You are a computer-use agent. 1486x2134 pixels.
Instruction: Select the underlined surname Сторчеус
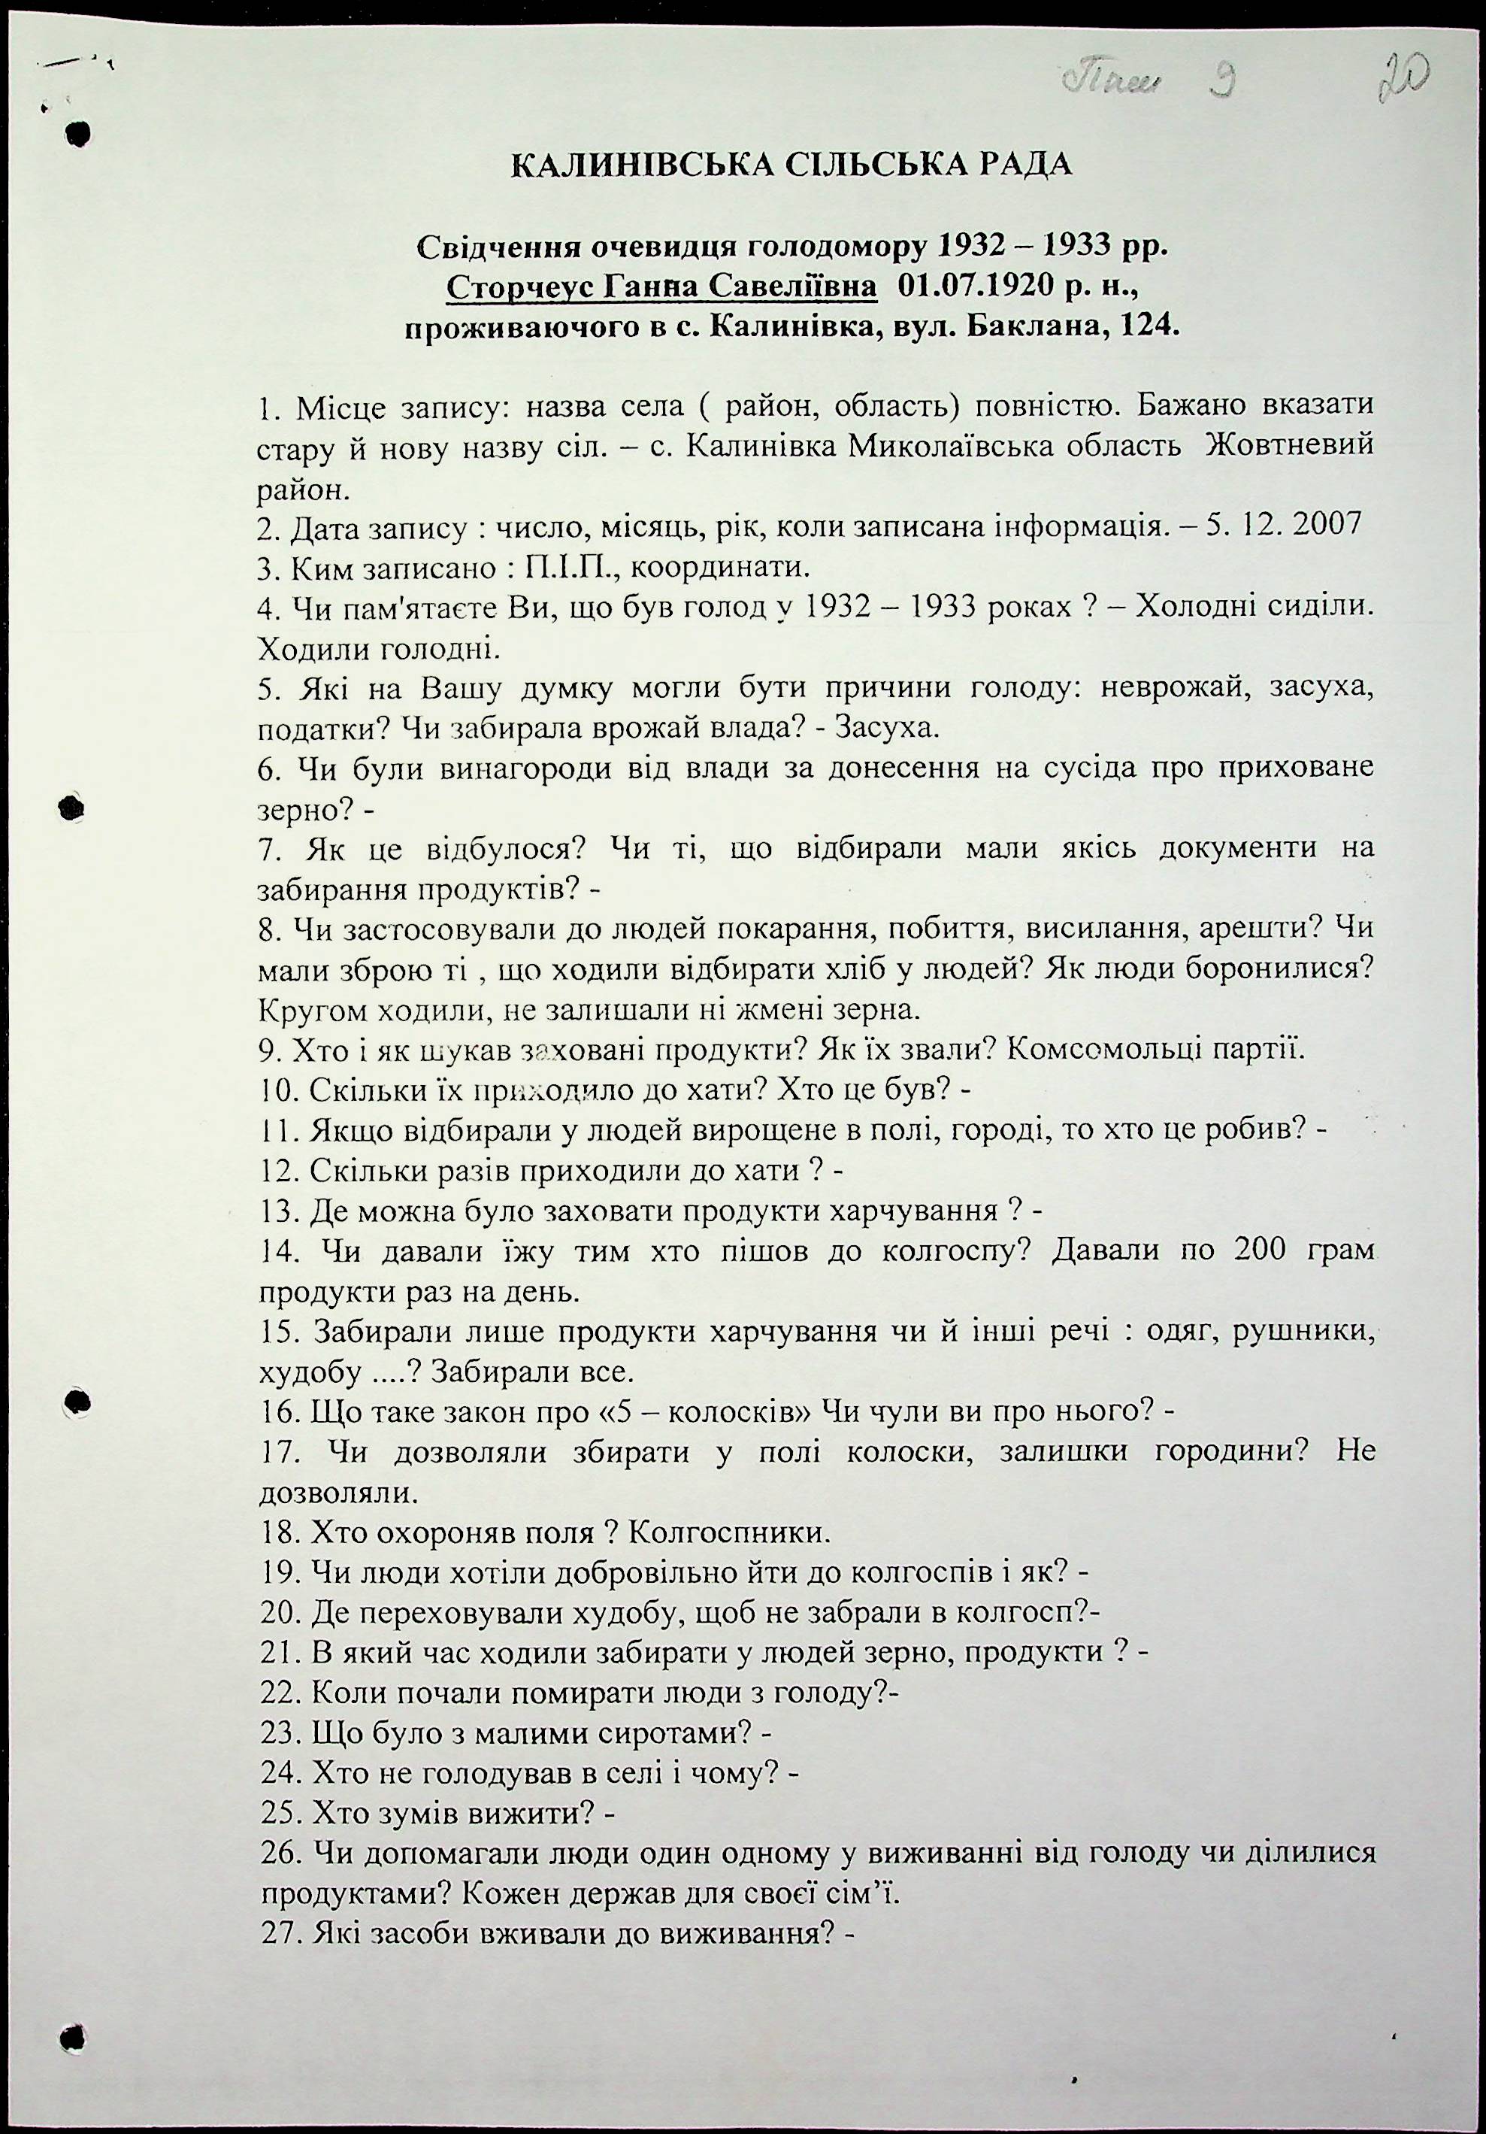point(519,288)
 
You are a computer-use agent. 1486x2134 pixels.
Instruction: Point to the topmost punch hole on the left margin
point(78,132)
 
